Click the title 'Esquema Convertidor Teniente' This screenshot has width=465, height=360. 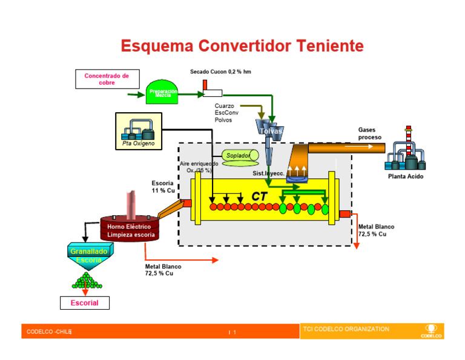pyautogui.click(x=242, y=46)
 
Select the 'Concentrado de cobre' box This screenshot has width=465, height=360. pyautogui.click(x=107, y=79)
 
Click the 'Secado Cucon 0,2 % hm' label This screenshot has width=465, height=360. pyautogui.click(x=220, y=72)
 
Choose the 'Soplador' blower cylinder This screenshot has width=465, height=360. pyautogui.click(x=240, y=156)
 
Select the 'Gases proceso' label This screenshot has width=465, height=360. pyautogui.click(x=369, y=133)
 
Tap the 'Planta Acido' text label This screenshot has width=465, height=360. pyautogui.click(x=406, y=176)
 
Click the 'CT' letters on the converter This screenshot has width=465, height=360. pyautogui.click(x=260, y=196)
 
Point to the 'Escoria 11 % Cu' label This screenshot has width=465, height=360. pyautogui.click(x=163, y=187)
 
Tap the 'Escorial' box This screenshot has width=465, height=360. pyautogui.click(x=85, y=302)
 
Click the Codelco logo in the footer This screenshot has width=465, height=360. pyautogui.click(x=431, y=332)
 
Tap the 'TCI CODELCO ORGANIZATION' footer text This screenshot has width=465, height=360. pyautogui.click(x=345, y=329)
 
